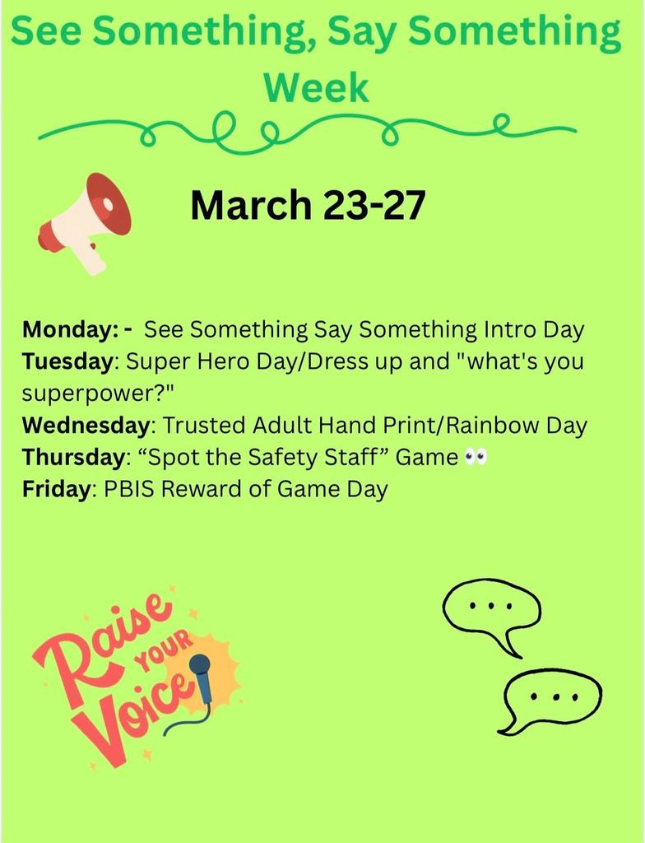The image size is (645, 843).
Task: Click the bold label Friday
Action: pyautogui.click(x=54, y=489)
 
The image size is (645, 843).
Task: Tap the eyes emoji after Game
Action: pyautogui.click(x=476, y=457)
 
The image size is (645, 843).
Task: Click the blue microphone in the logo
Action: pyautogui.click(x=201, y=679)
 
